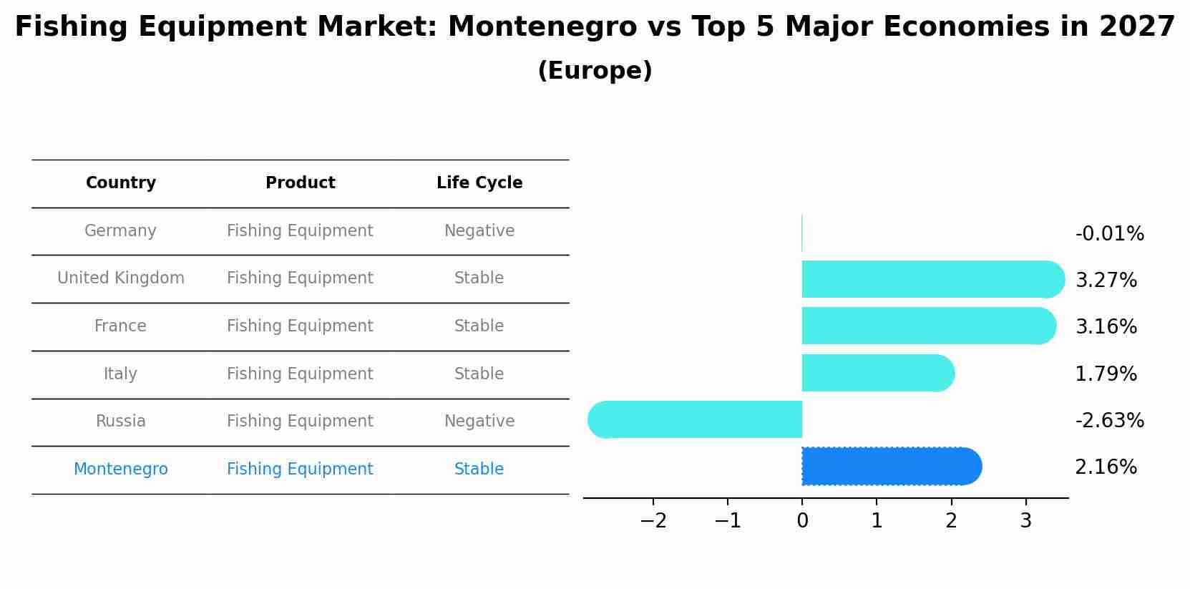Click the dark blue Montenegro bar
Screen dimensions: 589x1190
891,467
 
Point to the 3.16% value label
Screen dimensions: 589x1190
1106,327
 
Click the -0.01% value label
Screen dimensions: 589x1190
1109,234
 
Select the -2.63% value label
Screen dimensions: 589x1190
1109,421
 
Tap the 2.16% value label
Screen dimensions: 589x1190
1106,467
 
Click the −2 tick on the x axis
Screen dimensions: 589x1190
653,521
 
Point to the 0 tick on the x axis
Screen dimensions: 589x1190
802,521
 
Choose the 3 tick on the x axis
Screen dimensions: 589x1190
1025,521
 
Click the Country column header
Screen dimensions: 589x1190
121,183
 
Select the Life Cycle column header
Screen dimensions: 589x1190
479,183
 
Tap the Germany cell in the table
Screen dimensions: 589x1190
120,231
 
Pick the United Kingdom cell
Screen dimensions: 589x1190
121,278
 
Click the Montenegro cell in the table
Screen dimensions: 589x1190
121,469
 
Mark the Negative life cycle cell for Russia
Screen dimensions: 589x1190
479,422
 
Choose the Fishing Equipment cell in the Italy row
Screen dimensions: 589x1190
300,374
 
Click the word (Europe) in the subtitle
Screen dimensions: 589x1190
595,71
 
